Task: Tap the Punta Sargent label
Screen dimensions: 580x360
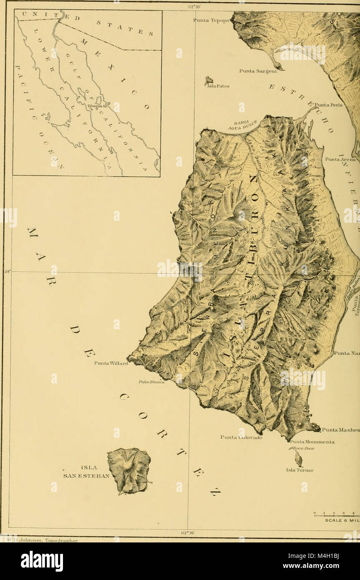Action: (258, 71)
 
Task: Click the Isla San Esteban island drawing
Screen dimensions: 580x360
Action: (129, 470)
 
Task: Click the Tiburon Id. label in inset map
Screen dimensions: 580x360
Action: (97, 106)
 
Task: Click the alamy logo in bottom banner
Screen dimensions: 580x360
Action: (42, 561)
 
